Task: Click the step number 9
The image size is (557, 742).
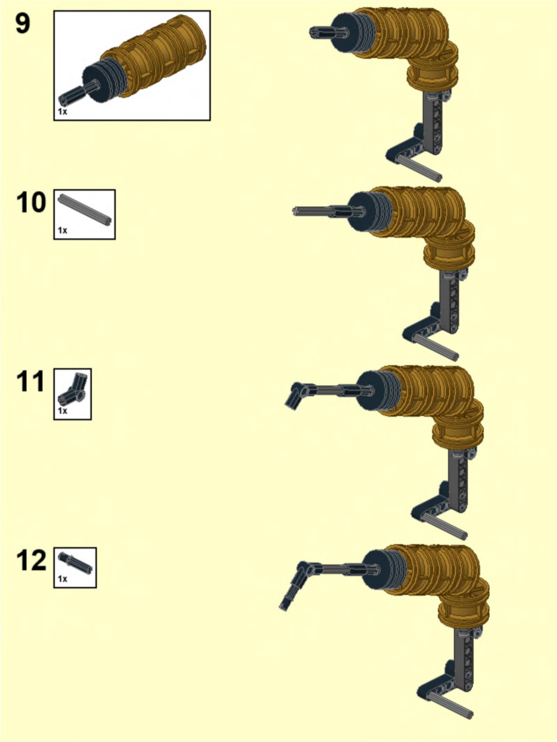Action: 23,23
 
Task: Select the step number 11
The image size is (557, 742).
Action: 31,381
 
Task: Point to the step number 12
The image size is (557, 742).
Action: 31,560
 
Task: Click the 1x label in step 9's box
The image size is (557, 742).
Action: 62,112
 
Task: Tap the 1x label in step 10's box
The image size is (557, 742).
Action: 62,230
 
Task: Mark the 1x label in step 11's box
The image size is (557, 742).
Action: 62,411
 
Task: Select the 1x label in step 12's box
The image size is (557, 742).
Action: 62,579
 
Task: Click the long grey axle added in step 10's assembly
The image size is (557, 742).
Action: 313,211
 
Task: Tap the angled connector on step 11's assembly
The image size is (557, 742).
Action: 299,394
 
